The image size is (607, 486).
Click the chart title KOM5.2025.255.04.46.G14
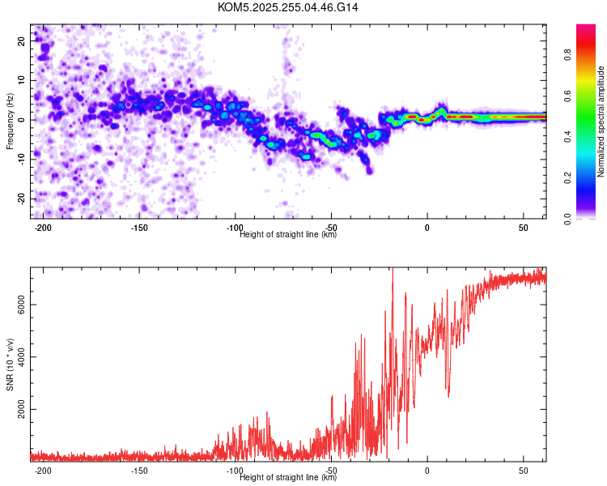(x=288, y=7)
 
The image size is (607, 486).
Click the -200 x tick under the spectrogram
(x=44, y=228)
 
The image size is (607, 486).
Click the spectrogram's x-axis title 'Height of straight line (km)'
(x=288, y=235)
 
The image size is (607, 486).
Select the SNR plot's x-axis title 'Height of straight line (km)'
(x=288, y=478)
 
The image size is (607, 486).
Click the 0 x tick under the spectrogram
(x=427, y=228)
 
